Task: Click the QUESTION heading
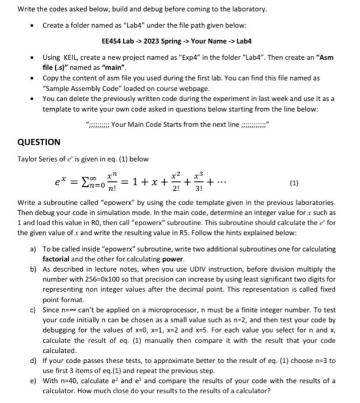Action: click(39, 142)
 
